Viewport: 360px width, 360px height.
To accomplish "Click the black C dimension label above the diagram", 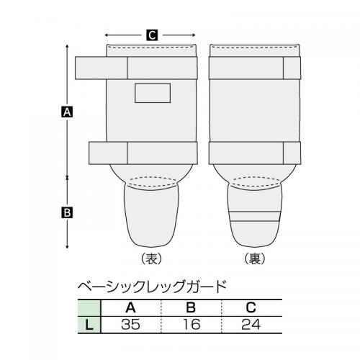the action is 152,35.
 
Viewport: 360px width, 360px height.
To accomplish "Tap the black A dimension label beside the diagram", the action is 67,112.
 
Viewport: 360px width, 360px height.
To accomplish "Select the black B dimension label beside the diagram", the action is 67,212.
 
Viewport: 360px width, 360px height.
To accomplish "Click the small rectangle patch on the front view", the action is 153,93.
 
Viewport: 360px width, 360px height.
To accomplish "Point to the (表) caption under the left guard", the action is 152,258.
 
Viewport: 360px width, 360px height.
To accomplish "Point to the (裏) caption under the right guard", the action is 255,258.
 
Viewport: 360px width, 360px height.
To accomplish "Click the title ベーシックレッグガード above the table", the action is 153,287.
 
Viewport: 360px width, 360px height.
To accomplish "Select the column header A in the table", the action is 130,307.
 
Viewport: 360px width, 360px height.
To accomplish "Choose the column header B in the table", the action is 191,307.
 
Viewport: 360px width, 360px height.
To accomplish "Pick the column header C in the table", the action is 251,307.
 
